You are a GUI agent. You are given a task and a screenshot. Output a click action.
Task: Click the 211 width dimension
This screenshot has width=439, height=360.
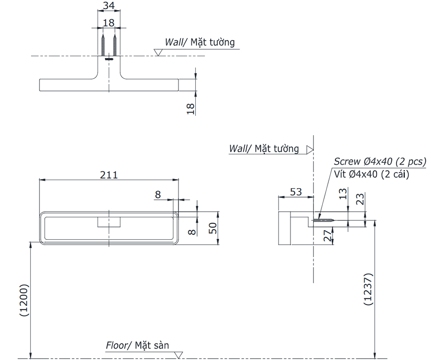coord(108,175)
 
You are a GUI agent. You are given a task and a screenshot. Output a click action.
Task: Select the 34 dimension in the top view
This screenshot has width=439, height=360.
coord(109,6)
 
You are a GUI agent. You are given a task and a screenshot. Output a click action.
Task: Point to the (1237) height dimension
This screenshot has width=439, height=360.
coord(368,289)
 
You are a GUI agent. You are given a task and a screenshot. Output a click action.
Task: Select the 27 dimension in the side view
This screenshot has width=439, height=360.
coord(327,236)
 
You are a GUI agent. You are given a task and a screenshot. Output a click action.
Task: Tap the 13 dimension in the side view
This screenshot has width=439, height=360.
coord(343,194)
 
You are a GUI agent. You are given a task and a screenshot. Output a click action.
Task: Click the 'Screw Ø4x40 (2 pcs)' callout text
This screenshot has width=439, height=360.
coord(380,161)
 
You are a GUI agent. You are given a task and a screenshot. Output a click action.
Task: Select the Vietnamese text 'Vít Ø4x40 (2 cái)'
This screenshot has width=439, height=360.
coord(371,174)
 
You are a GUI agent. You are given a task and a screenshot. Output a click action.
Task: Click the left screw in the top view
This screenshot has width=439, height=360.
coord(103,46)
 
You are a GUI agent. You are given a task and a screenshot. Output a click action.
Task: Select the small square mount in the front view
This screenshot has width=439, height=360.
coord(108,222)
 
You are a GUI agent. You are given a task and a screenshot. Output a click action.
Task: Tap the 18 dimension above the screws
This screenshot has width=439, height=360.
coord(109,23)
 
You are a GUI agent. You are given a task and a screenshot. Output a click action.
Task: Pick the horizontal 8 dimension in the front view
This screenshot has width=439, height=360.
coord(158,194)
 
